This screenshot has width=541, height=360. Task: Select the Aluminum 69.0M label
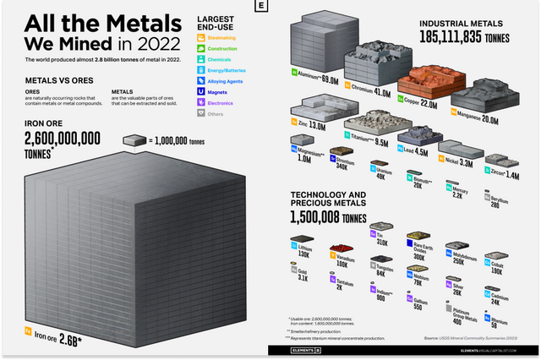tap(320, 81)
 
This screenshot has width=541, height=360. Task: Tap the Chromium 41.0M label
tap(371, 94)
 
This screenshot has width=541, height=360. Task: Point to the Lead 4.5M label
tap(412, 152)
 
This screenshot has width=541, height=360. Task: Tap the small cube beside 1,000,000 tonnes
tap(136, 140)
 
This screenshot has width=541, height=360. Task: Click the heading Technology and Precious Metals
tap(328, 199)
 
